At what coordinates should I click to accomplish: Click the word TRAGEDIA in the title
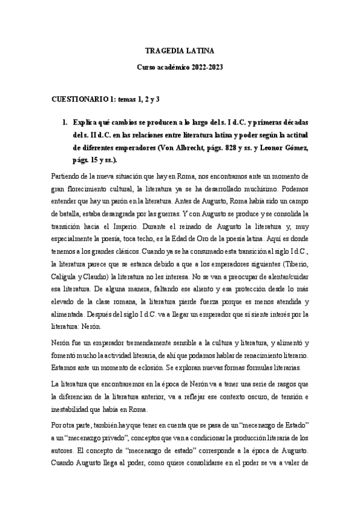[160, 52]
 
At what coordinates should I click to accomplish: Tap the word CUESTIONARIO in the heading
[79, 97]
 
